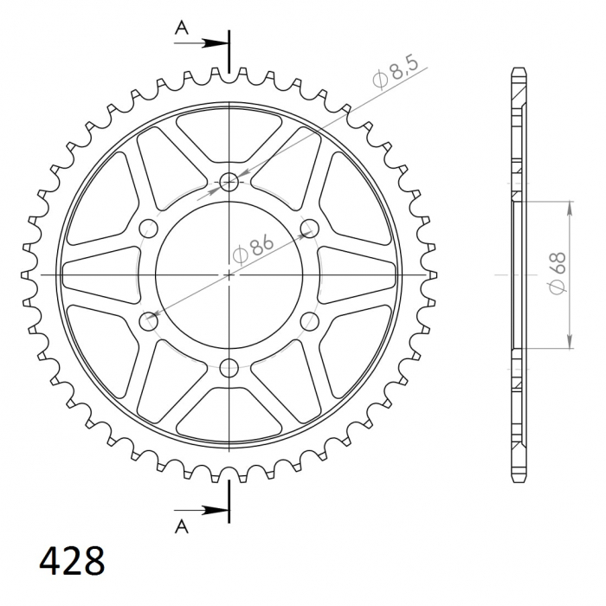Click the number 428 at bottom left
(72, 561)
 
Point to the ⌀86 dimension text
(253, 249)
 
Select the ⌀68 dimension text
(557, 273)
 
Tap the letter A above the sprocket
(182, 28)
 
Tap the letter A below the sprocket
(182, 526)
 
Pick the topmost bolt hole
(229, 182)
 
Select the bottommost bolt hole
(229, 368)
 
